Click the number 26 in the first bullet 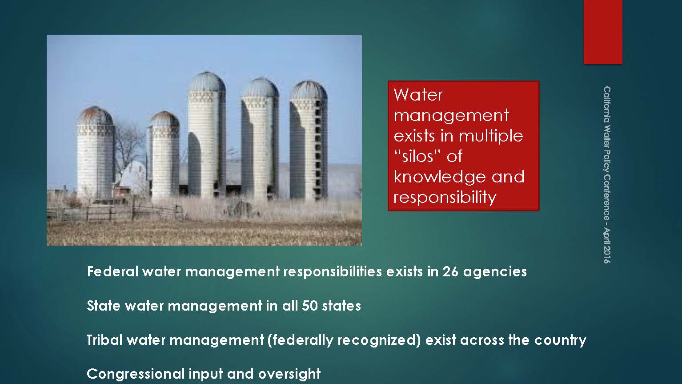(450, 271)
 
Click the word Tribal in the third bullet (104, 340)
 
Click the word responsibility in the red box (445, 198)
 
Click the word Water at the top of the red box (418, 95)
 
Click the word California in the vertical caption (607, 104)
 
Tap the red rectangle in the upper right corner (603, 32)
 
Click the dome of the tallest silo (207, 82)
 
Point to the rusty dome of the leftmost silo (96, 116)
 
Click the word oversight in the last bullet (289, 374)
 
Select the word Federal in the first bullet (112, 271)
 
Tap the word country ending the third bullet (560, 340)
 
